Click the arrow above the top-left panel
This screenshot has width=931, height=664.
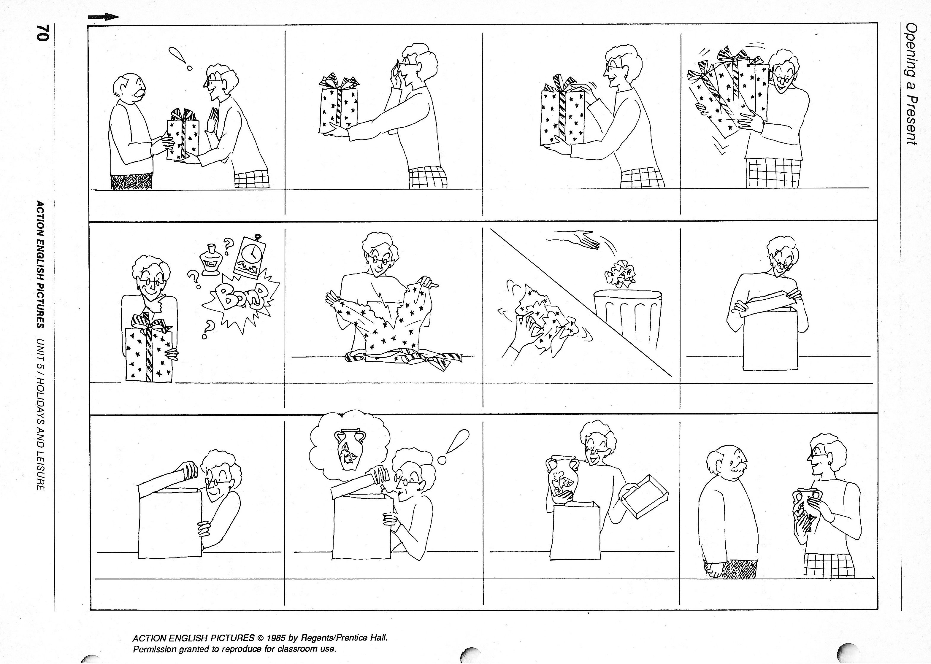104,17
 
